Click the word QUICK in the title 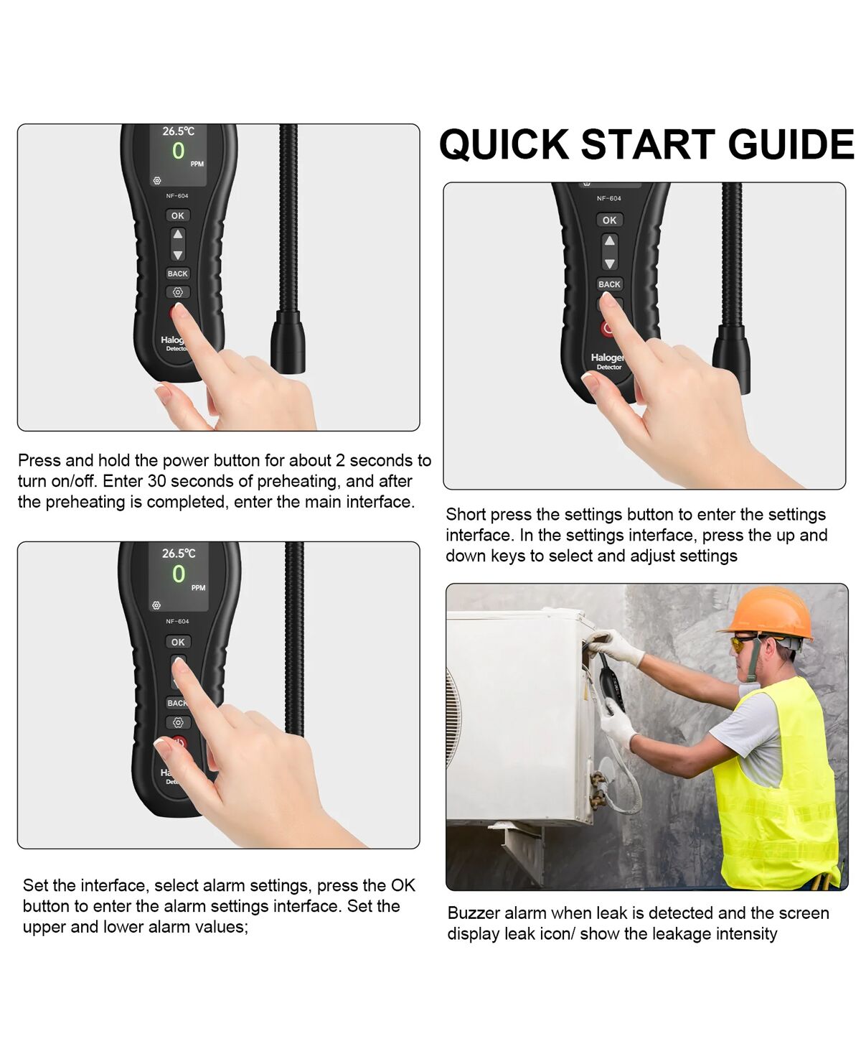pos(504,144)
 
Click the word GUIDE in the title pos(791,144)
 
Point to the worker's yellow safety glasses pos(744,643)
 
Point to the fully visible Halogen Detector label pos(608,361)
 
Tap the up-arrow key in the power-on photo pos(178,234)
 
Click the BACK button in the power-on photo pos(178,274)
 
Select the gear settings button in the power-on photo pos(178,292)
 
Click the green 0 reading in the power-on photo pos(178,151)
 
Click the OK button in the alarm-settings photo pos(178,643)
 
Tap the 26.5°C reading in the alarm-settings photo pos(179,554)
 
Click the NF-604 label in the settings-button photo pos(609,198)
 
